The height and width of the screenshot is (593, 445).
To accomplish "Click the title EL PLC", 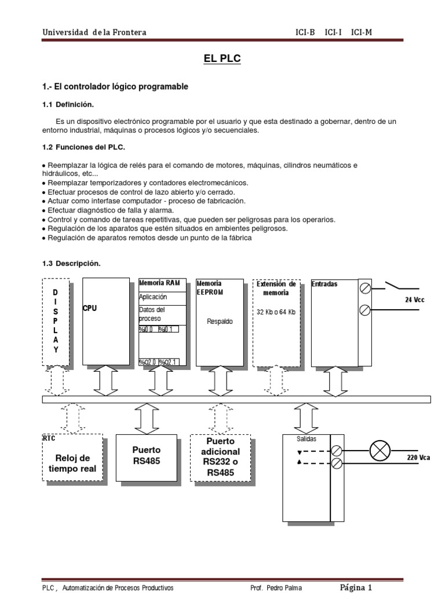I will coord(222,58).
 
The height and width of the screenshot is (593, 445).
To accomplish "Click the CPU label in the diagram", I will coord(90,309).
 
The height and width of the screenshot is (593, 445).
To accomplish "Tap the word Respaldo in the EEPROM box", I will coord(220,321).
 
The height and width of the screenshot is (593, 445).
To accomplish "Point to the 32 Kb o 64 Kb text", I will coord(276,312).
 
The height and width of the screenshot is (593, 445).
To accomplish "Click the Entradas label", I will coord(324,284).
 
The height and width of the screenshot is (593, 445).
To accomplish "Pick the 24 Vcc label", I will coord(415,300).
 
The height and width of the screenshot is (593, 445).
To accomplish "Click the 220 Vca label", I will coord(418,457).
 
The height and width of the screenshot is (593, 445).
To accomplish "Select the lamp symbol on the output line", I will coord(380,450).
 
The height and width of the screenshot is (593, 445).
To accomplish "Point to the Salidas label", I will coord(307,440).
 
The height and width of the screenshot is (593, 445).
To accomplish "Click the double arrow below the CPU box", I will coord(105,380).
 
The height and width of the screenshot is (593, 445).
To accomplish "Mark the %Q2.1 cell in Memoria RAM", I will coord(169,363).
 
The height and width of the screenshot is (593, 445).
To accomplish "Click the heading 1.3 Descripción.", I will coord(71,263).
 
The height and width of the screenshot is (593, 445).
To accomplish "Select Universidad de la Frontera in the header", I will coord(94,32).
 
